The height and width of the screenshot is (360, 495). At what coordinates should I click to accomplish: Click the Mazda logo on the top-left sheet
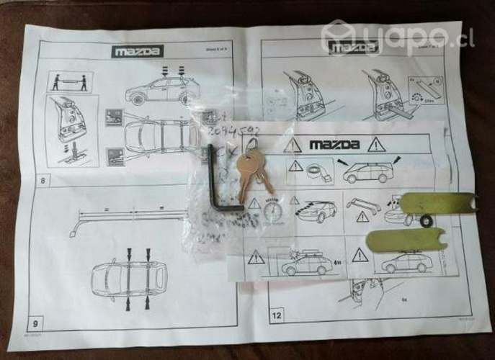click(x=138, y=51)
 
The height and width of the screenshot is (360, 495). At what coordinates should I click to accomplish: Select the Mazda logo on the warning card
click(x=338, y=145)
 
